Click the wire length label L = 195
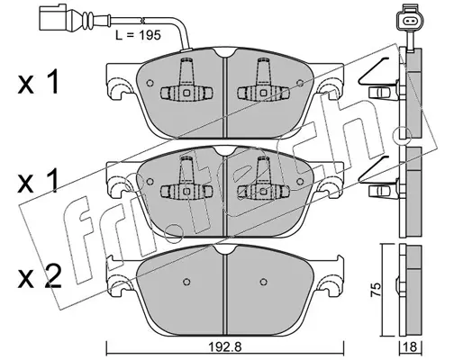point(139,35)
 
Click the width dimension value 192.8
point(225,347)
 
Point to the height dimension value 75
point(377,290)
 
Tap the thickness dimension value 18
point(411,347)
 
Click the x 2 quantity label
point(40,277)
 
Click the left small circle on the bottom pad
point(186,282)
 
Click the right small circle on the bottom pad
point(263,282)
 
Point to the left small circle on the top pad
point(150,83)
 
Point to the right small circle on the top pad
point(300,83)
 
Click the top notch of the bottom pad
point(225,248)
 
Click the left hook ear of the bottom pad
point(116,285)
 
